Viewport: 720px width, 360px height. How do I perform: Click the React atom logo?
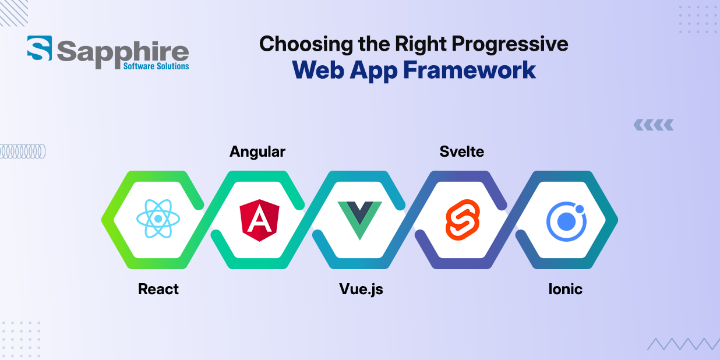pos(158,219)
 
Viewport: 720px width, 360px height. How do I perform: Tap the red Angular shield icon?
pos(259,220)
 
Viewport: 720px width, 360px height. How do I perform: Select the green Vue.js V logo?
pos(360,220)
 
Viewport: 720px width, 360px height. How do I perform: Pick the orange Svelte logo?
pos(462,220)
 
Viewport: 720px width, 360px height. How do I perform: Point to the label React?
pos(158,289)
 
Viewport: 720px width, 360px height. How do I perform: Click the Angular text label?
pos(257,152)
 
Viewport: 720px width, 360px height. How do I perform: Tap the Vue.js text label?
pos(361,289)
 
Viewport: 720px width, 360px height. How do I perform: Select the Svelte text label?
pos(462,152)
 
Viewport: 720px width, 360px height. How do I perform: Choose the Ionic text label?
pos(565,289)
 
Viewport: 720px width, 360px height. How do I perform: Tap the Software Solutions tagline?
pos(156,66)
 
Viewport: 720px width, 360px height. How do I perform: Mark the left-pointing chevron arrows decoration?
pos(653,124)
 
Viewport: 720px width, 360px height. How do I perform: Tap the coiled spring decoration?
pos(22,151)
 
